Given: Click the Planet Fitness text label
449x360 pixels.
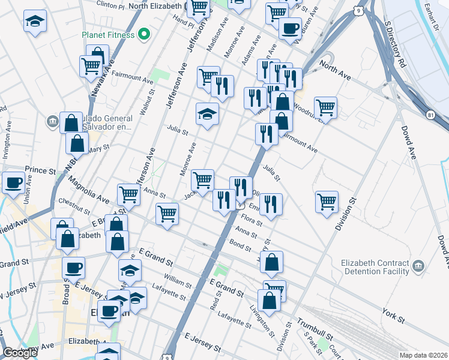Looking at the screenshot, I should (x=108, y=35).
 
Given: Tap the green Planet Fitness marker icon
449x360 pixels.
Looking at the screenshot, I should (x=143, y=35).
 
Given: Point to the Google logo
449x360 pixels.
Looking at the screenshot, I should (x=20, y=353).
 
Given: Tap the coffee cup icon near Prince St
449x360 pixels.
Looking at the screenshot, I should (x=13, y=182).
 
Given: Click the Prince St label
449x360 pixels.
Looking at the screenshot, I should (x=40, y=170).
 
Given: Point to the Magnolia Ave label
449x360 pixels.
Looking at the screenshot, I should (x=88, y=189).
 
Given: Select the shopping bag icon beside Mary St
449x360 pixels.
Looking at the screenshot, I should (x=78, y=144).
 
